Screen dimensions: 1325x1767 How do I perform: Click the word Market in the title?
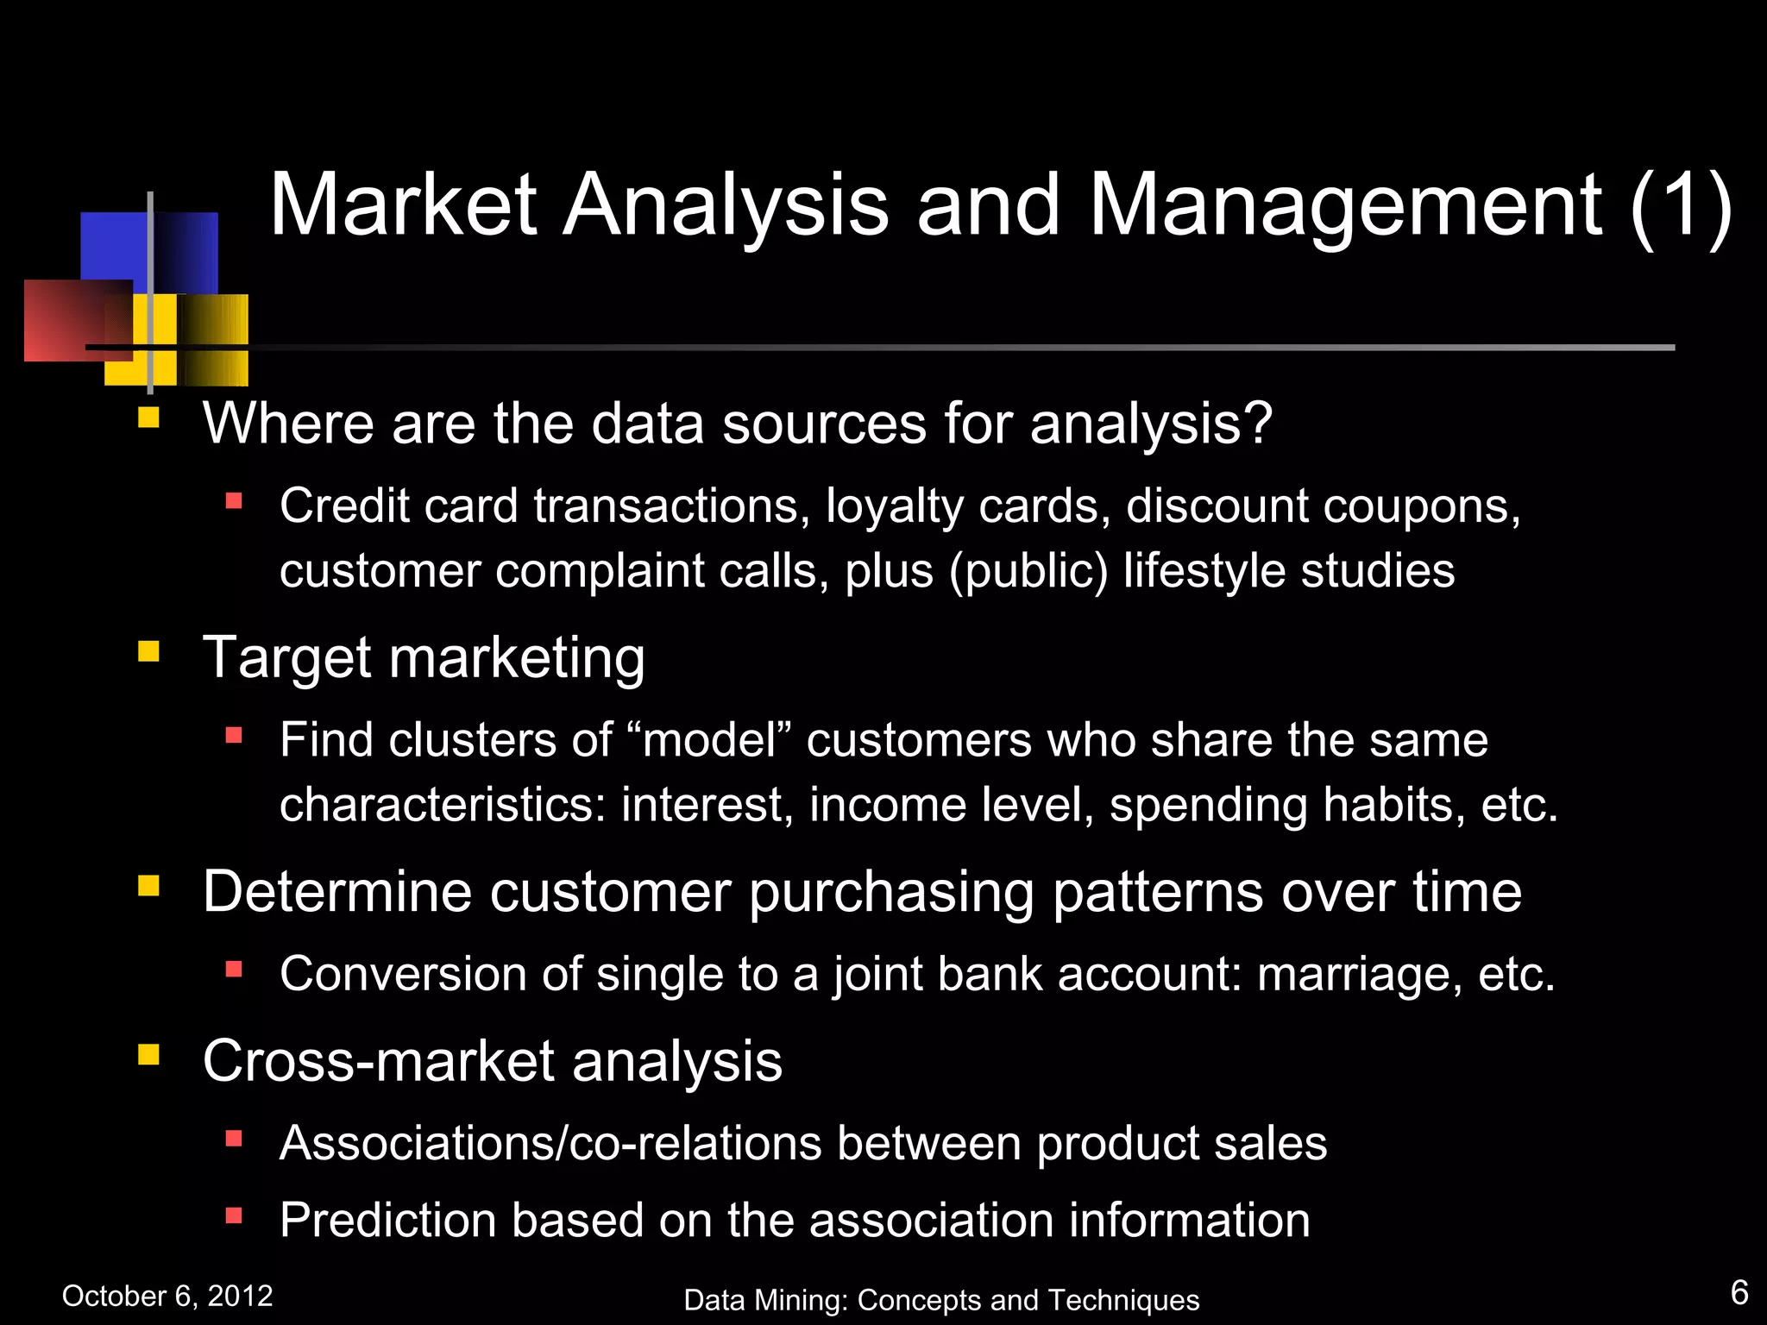tap(404, 205)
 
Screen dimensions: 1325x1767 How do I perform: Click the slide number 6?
tap(1739, 1293)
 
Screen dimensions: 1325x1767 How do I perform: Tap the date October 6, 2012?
tap(167, 1296)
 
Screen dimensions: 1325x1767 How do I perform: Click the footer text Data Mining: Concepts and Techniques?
tap(941, 1300)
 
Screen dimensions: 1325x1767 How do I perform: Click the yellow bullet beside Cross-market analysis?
tap(148, 1054)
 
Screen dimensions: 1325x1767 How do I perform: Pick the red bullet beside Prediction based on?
tap(233, 1215)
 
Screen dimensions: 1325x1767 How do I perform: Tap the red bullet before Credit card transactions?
tap(233, 500)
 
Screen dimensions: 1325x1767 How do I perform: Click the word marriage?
tap(1359, 975)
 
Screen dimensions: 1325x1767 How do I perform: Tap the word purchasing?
tap(891, 893)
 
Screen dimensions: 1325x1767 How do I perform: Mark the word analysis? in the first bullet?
tap(1151, 424)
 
